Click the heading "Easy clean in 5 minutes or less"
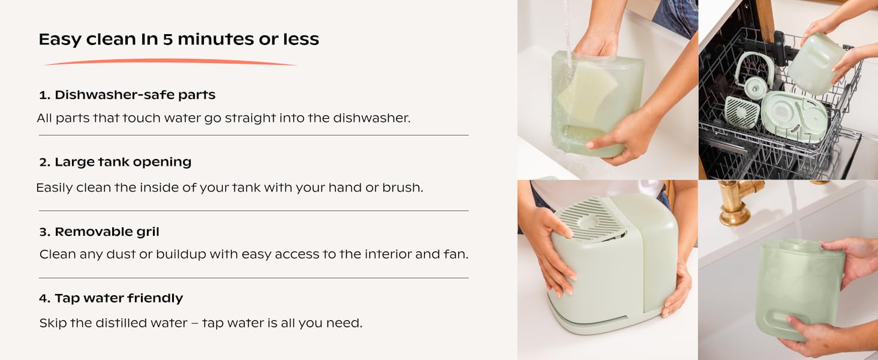179,39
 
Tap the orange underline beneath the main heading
170,62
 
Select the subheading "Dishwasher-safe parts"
127,95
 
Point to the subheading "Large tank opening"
115,162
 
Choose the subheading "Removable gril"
99,232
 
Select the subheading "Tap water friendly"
111,298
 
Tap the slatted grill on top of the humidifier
590,218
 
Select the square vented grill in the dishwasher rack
742,113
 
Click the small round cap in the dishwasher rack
755,87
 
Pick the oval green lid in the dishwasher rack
794,116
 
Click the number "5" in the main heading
168,40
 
